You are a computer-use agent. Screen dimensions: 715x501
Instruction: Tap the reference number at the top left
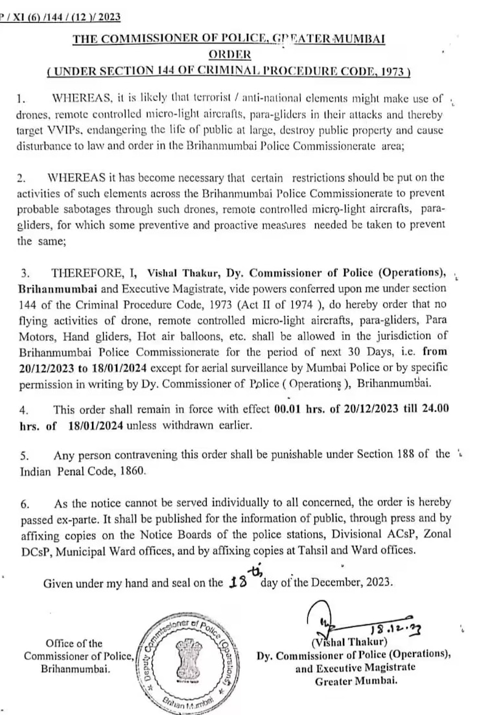pyautogui.click(x=51, y=18)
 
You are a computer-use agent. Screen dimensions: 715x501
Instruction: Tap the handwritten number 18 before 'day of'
pyautogui.click(x=240, y=581)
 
